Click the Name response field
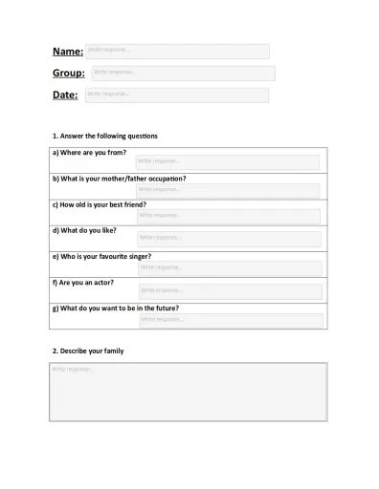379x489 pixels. point(176,51)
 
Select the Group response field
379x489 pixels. point(181,73)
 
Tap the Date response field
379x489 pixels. point(176,95)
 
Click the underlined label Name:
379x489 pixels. point(67,52)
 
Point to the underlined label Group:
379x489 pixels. point(68,74)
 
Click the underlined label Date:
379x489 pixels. point(65,96)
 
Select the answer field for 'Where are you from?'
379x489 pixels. point(228,162)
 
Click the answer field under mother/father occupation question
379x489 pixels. point(228,190)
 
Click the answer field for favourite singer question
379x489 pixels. point(229,268)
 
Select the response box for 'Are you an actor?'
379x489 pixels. point(230,291)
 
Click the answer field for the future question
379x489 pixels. point(230,320)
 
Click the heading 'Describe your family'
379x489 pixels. point(88,351)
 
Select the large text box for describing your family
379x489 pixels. point(188,392)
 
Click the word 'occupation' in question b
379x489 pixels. point(162,179)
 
